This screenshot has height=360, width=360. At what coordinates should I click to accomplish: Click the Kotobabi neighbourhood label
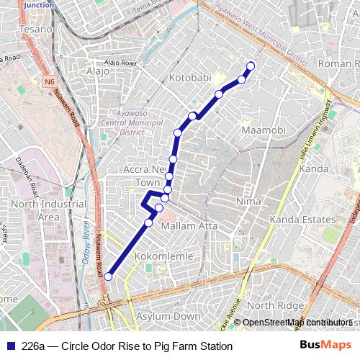191,76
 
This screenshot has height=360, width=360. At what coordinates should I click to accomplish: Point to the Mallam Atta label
189,225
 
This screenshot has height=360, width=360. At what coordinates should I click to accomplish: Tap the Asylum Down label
171,316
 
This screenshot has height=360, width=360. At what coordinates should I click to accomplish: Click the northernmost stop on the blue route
251,66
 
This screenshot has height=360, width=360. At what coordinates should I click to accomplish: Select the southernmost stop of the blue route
108,276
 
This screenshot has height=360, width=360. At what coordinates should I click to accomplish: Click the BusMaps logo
325,345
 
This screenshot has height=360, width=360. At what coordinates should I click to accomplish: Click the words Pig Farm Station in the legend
193,346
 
